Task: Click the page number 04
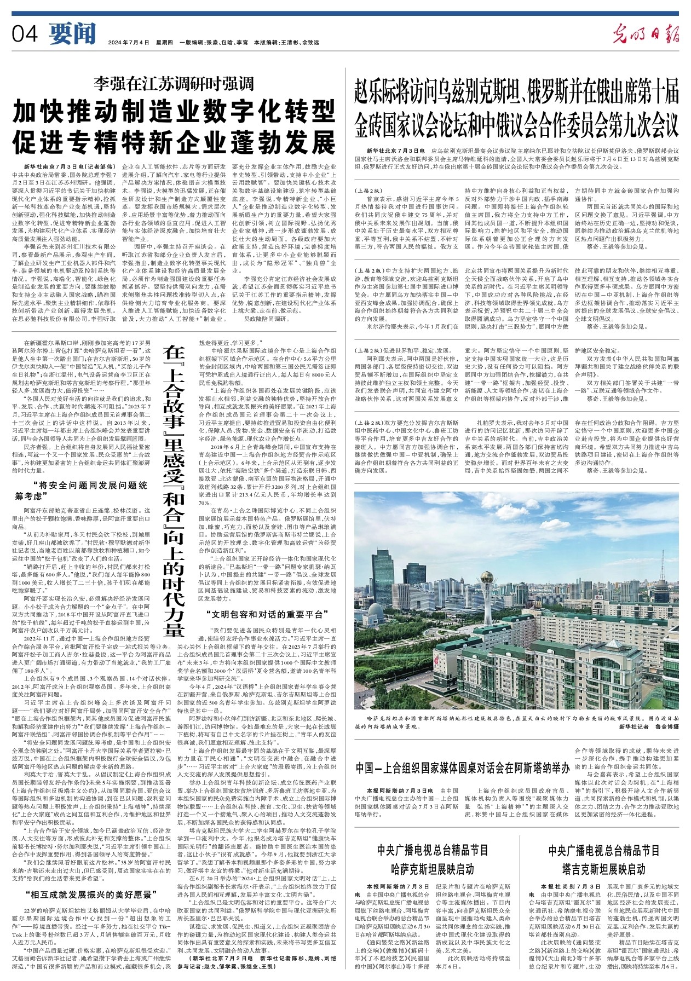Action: (x=25, y=34)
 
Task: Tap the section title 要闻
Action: (x=72, y=34)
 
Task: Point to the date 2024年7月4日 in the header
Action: (x=129, y=42)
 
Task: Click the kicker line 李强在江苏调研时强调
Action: (x=174, y=83)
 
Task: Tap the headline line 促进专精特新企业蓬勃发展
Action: (x=174, y=142)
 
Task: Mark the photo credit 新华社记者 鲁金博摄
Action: (x=649, y=726)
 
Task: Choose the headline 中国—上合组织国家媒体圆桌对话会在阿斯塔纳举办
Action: (x=462, y=768)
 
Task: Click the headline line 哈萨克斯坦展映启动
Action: (x=433, y=869)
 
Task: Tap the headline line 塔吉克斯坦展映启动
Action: (x=604, y=869)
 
